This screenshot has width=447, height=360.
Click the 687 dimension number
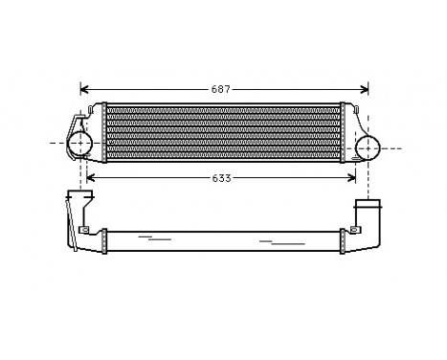pos(222,89)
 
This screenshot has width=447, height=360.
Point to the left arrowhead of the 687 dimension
pos(84,89)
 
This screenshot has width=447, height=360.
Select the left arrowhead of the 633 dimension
pos(91,177)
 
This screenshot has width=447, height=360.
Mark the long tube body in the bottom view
pos(222,239)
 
